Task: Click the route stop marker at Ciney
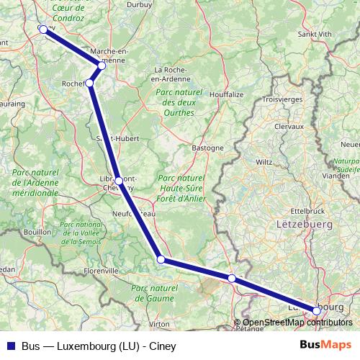[43, 30]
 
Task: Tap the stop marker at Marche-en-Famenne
[102, 66]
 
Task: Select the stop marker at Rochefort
[89, 84]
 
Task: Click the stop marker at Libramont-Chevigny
[119, 181]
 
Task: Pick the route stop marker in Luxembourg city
[316, 310]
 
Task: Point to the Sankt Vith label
[315, 34]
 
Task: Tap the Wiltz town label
[264, 162]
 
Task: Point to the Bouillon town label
[37, 233]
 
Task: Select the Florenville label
[100, 271]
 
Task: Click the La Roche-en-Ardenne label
[172, 74]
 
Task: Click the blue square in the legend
[10, 346]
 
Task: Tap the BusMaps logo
[325, 346]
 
